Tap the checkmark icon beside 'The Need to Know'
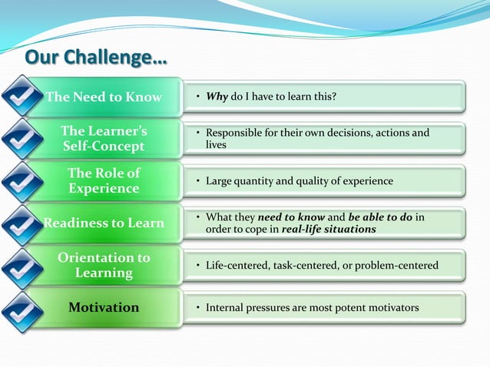22,97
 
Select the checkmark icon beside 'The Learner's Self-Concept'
22,139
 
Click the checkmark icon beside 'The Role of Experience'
22,181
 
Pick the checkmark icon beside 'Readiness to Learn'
22,223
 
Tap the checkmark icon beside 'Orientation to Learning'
22,266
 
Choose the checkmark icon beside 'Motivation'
22,308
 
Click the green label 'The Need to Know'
104,97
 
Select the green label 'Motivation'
104,308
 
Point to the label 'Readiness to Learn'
104,223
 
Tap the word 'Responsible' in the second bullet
233,134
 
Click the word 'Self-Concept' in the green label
104,147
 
